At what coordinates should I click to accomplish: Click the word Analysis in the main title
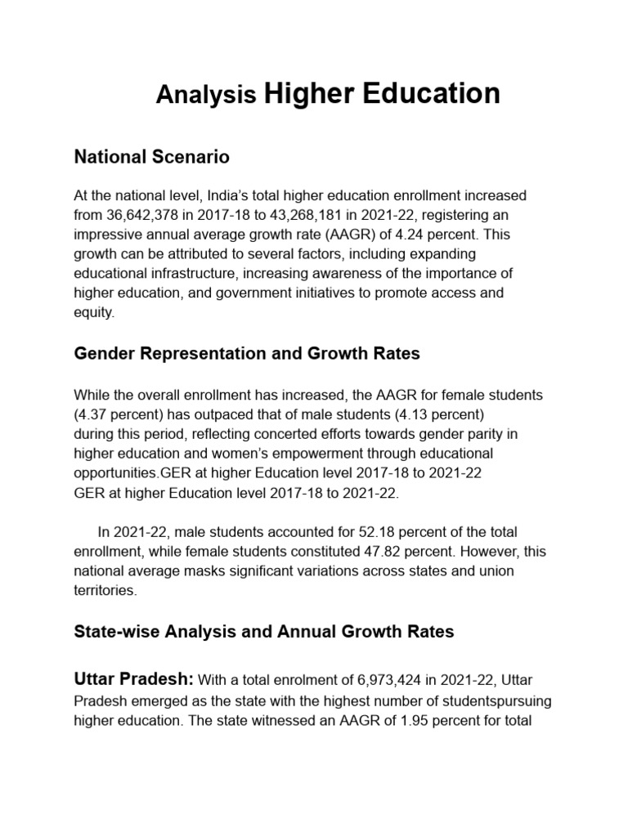(206, 96)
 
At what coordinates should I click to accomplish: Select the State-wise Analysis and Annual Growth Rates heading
(263, 631)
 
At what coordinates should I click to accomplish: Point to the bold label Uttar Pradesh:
(134, 679)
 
